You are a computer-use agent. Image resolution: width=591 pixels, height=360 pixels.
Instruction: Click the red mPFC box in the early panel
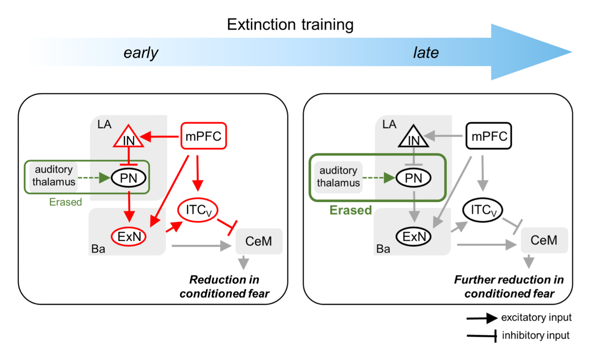pyautogui.click(x=204, y=136)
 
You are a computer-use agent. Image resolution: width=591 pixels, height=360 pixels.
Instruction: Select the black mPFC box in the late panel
pyautogui.click(x=489, y=136)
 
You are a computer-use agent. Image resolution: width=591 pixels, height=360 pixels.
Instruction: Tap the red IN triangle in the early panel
pyautogui.click(x=129, y=138)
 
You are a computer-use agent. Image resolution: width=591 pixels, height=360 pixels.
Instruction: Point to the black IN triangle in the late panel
pyautogui.click(x=414, y=138)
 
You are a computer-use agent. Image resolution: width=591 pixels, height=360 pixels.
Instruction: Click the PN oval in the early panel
pyautogui.click(x=129, y=178)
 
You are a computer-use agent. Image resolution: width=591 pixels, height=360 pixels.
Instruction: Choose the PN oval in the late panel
pyautogui.click(x=414, y=178)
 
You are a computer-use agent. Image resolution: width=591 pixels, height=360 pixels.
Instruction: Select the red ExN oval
pyautogui.click(x=129, y=236)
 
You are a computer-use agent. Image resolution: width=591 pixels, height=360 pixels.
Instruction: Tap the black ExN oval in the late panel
pyautogui.click(x=414, y=236)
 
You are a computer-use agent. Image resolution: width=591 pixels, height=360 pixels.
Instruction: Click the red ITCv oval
pyautogui.click(x=198, y=210)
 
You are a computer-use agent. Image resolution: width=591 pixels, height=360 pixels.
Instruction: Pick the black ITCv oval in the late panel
pyautogui.click(x=482, y=210)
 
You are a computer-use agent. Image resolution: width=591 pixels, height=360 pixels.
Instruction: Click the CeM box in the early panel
pyautogui.click(x=259, y=241)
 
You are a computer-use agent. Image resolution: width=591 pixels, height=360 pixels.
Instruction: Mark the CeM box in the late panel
pyautogui.click(x=544, y=240)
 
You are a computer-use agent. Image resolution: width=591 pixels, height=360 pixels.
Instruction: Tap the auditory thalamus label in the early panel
pyautogui.click(x=53, y=176)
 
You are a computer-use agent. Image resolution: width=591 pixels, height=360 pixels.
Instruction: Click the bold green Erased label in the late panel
pyautogui.click(x=351, y=210)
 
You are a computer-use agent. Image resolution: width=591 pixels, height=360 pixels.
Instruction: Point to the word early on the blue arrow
pyautogui.click(x=141, y=53)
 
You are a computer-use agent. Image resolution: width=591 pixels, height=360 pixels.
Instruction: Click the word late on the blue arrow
pyautogui.click(x=426, y=53)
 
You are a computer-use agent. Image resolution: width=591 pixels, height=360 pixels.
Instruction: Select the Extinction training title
pyautogui.click(x=290, y=25)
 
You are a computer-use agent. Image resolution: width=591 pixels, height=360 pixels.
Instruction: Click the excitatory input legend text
pyautogui.click(x=536, y=318)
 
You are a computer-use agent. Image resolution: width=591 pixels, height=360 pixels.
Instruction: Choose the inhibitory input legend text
pyautogui.click(x=536, y=335)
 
